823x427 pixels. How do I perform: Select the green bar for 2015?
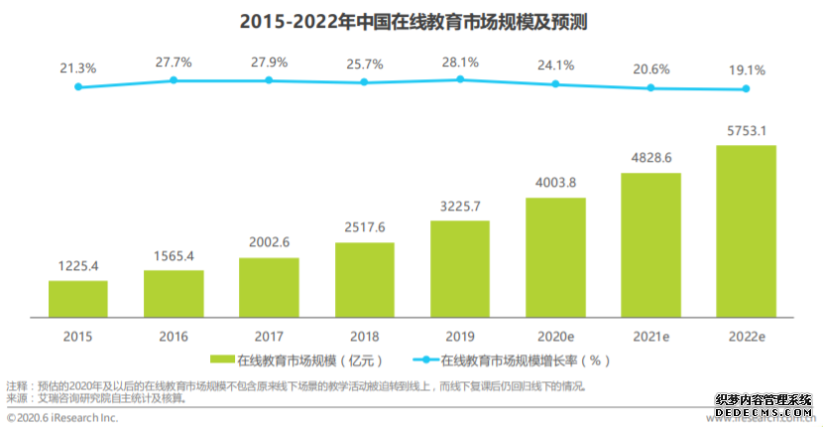pyautogui.click(x=78, y=299)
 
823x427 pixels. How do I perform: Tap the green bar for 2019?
pyautogui.click(x=460, y=269)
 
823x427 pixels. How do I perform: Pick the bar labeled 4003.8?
pyautogui.click(x=555, y=257)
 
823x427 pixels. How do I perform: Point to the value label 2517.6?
pyautogui.click(x=364, y=226)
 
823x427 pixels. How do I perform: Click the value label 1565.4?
pyautogui.click(x=174, y=256)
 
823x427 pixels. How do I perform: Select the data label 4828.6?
pyautogui.click(x=650, y=158)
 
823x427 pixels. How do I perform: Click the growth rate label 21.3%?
pyautogui.click(x=78, y=68)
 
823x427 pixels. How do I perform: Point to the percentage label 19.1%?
pyautogui.click(x=746, y=71)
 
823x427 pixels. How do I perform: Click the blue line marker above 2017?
pyautogui.click(x=269, y=79)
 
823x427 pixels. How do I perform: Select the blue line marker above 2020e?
pyautogui.click(x=555, y=82)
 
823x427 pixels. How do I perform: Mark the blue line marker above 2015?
pyautogui.click(x=78, y=87)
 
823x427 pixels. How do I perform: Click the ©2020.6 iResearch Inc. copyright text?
pyautogui.click(x=61, y=418)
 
